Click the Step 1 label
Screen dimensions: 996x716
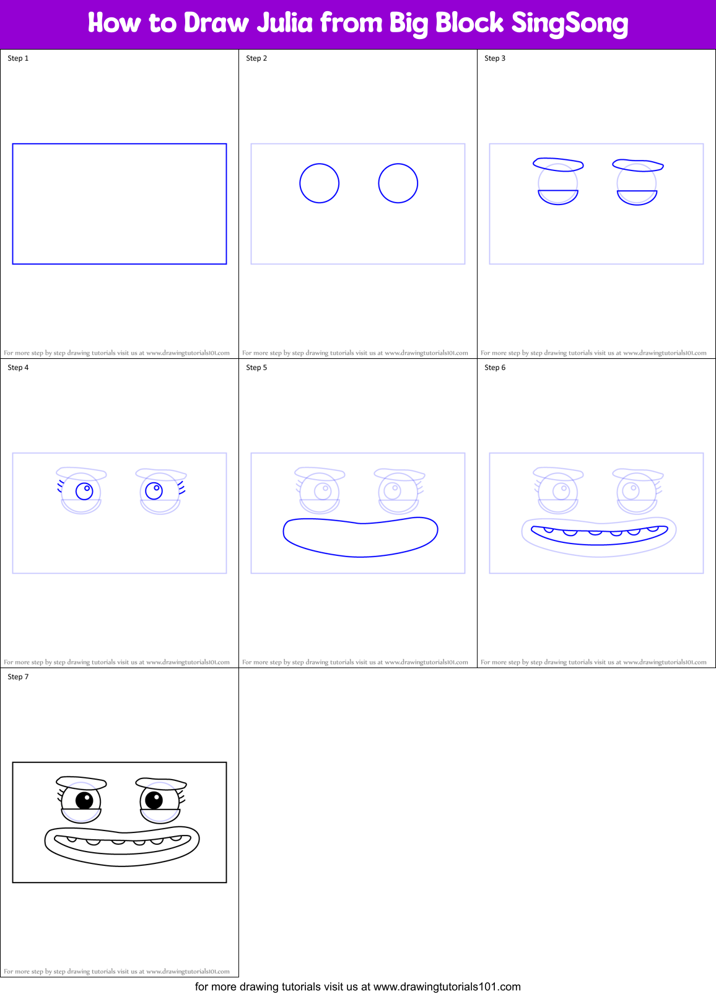coord(18,58)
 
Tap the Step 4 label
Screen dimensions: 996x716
coord(18,368)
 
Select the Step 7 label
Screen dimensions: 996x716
coord(18,677)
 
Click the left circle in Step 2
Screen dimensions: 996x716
coord(319,183)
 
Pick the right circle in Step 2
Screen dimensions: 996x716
coord(398,183)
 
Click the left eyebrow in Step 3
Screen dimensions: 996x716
coord(558,164)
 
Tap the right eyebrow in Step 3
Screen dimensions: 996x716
coord(638,165)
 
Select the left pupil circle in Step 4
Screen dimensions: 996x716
coord(84,491)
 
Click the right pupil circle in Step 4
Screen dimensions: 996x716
coord(154,491)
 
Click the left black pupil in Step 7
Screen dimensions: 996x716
coord(84,800)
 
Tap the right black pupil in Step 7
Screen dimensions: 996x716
coord(154,800)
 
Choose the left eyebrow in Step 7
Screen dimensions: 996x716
coord(81,783)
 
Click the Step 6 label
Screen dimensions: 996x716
coord(495,368)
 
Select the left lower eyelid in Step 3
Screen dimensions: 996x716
coord(558,197)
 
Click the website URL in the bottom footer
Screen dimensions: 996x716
coord(447,987)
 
